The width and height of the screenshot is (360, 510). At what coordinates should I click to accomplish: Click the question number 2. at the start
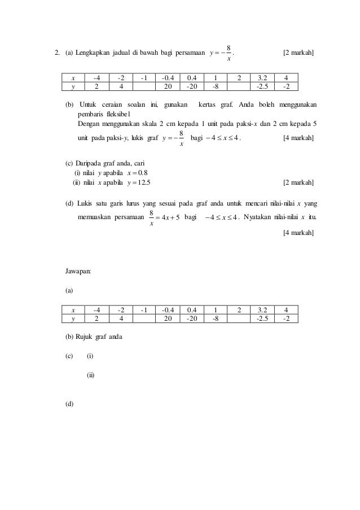coord(56,54)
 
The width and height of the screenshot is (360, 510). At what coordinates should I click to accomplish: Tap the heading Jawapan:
coord(78,272)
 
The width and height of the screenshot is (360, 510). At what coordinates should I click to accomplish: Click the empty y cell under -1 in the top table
coord(144,86)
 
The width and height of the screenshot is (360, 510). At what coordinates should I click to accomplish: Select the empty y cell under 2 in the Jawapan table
coord(239,318)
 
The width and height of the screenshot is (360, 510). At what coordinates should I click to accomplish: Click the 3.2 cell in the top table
coord(262,78)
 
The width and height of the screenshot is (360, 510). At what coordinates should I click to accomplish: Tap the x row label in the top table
coord(73,78)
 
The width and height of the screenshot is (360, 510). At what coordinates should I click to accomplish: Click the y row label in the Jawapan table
coord(73,318)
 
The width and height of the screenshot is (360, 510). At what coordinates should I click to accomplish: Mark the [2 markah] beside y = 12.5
coord(298,182)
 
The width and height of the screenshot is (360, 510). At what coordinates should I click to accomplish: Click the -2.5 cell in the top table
coord(262,86)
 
